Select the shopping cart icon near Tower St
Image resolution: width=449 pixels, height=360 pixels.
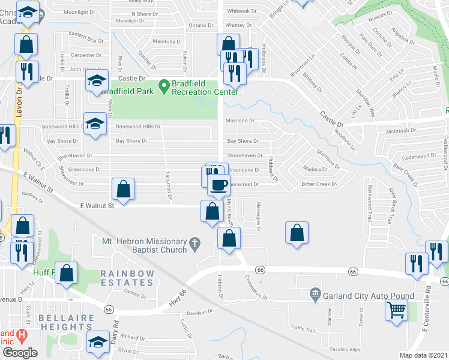point(396,310)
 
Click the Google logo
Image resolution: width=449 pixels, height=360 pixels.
point(20,353)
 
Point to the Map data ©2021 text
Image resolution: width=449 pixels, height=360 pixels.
point(423,355)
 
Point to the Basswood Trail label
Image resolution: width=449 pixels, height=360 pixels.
point(370,203)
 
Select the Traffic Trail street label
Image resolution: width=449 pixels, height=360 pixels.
point(303,328)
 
